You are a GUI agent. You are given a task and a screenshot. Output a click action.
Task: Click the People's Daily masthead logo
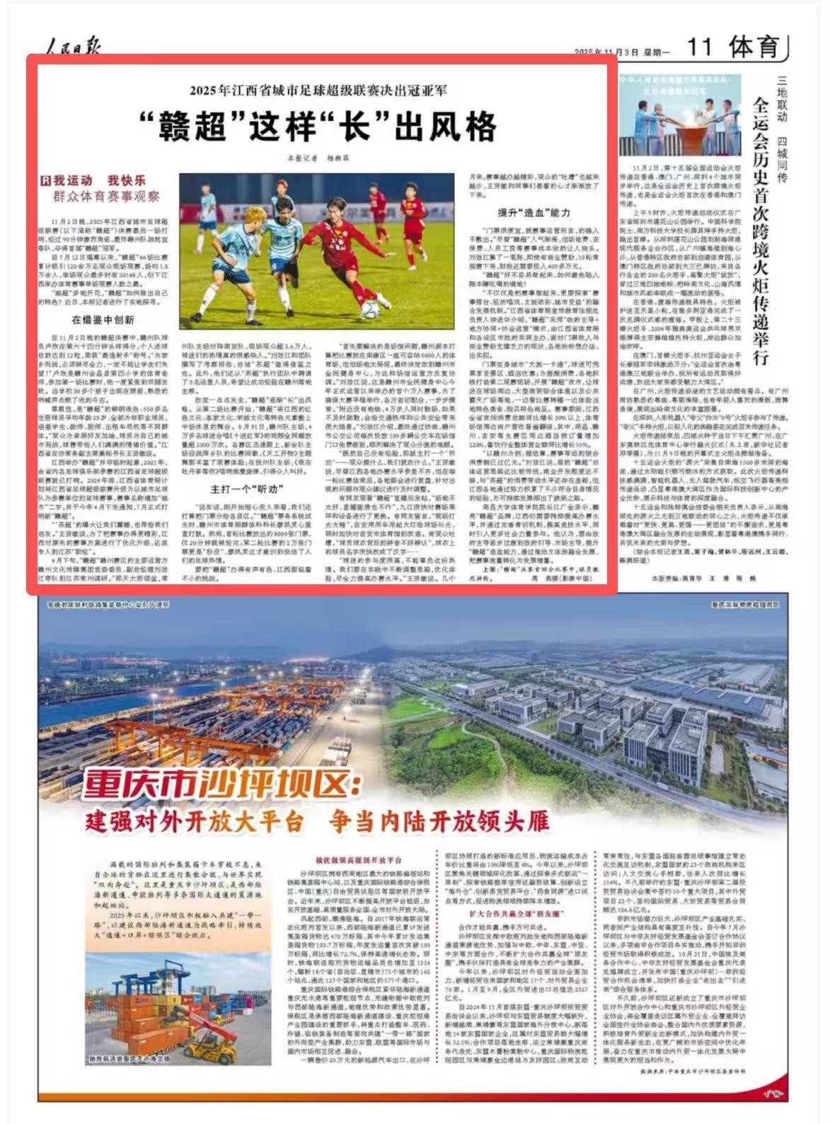pos(74,47)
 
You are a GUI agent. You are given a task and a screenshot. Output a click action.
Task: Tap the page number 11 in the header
pos(700,47)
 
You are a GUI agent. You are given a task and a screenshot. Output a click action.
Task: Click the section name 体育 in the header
pos(754,47)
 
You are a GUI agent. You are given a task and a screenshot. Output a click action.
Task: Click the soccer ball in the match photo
pos(370,308)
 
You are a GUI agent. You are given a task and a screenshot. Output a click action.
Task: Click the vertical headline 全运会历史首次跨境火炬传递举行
pos(760,230)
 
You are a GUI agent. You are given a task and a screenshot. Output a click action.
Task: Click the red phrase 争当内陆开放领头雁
pos(439,821)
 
